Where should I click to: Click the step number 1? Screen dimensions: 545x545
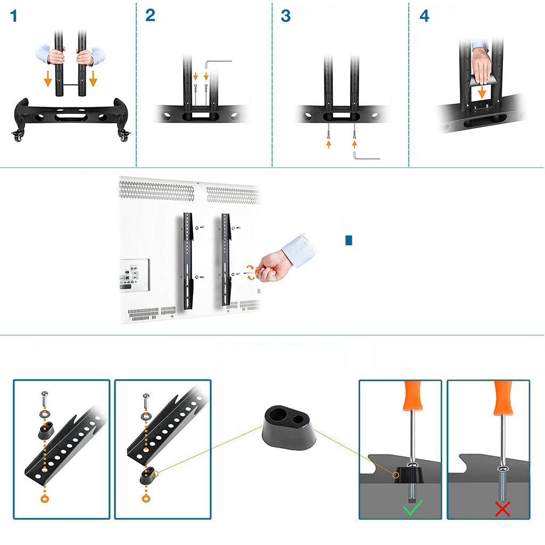coord(13,16)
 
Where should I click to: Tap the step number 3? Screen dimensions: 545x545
coord(286,16)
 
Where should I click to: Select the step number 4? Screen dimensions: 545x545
coord(424,16)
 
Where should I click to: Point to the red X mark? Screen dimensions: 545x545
coord(502,509)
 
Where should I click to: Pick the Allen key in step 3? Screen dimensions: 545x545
coord(366,156)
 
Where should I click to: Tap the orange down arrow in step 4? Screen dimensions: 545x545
coord(482,93)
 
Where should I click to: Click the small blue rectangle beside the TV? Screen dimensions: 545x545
coord(349,241)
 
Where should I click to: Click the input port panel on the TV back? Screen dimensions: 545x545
coord(134,275)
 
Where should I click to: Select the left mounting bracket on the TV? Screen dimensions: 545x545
coord(187,261)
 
